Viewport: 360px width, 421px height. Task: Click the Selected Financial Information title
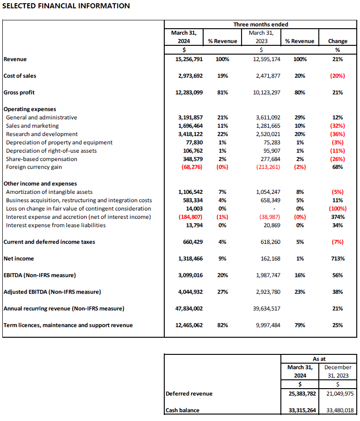click(66, 6)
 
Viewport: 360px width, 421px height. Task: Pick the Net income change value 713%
click(337, 259)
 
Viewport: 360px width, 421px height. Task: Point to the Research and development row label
click(42, 134)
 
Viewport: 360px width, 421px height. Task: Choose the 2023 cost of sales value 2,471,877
click(265, 76)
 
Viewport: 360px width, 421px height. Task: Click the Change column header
click(337, 41)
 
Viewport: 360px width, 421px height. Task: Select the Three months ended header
click(261, 25)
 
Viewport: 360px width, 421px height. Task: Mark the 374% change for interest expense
click(337, 217)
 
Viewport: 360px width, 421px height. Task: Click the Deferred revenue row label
click(189, 394)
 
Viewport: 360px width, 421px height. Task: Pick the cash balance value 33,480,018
click(338, 410)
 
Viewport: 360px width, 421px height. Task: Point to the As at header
click(319, 359)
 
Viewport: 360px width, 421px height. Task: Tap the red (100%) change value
click(337, 209)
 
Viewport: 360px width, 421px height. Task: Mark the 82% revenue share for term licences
click(222, 325)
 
